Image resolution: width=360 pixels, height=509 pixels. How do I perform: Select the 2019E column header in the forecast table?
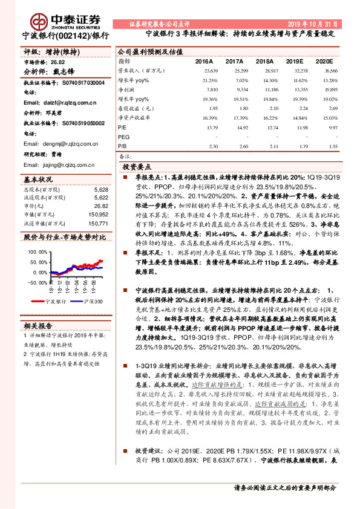click(294, 62)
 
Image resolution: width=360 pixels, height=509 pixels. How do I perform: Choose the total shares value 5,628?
click(101, 190)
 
